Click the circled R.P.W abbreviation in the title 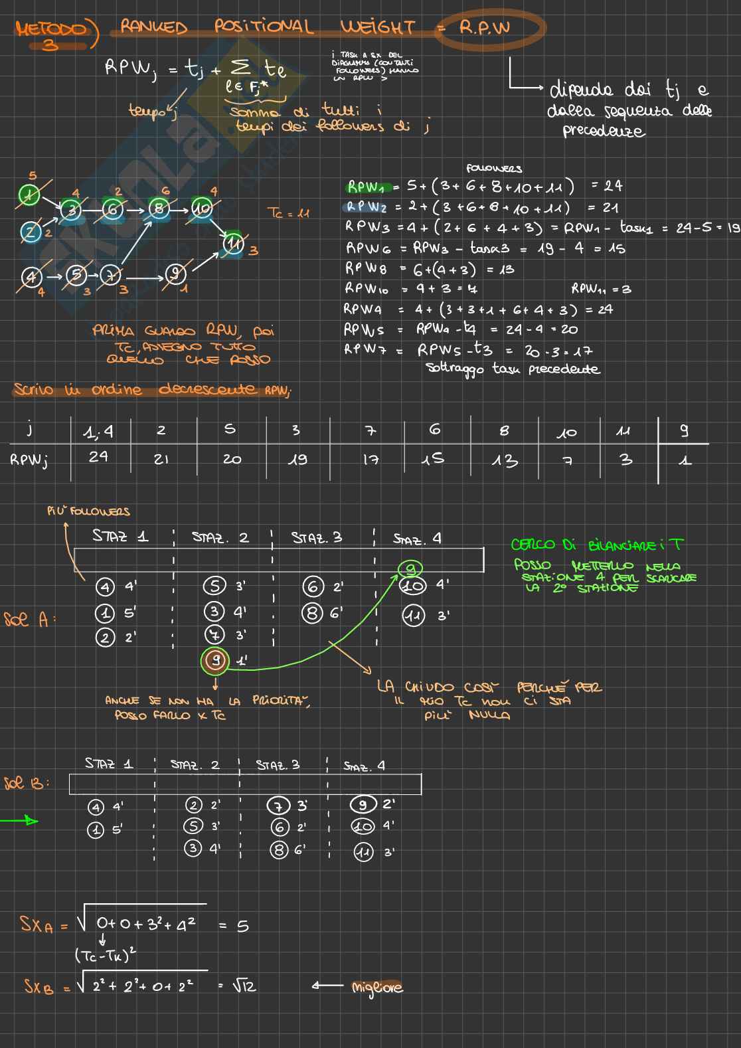click(x=485, y=29)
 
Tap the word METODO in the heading click(x=52, y=29)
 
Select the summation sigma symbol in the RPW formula click(x=238, y=68)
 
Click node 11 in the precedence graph click(x=233, y=244)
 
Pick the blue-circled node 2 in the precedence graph click(x=30, y=232)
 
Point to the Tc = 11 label click(x=288, y=213)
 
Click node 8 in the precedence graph click(x=159, y=209)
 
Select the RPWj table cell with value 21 click(x=161, y=459)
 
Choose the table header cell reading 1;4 click(x=99, y=432)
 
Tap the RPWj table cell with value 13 click(x=504, y=460)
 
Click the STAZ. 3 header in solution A click(x=317, y=538)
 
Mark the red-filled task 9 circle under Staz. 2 click(x=214, y=660)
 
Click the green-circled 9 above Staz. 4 click(x=410, y=568)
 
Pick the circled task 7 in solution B click(x=278, y=806)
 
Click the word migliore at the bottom click(x=377, y=988)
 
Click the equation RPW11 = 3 click(x=601, y=289)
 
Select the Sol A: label click(x=29, y=620)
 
